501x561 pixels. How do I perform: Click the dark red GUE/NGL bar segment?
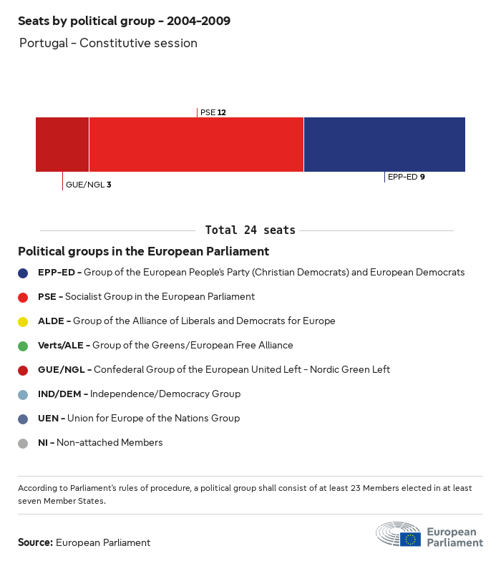tap(62, 145)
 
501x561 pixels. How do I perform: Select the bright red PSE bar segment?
tap(196, 145)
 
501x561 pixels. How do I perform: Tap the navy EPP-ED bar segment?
tap(384, 145)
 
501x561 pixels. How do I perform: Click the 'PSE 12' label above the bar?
tap(213, 112)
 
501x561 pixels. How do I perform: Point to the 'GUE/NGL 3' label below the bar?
tap(88, 185)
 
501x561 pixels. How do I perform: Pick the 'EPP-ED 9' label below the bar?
tap(406, 177)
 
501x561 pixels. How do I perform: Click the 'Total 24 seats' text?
tap(250, 230)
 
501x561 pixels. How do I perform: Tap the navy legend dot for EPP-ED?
tap(23, 273)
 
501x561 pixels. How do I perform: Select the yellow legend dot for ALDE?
tap(23, 321)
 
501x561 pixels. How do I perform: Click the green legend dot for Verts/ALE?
tap(23, 346)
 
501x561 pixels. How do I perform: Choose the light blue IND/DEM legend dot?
tap(23, 394)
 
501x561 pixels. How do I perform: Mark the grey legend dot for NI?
tap(23, 443)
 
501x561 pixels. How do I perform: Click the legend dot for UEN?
tap(23, 419)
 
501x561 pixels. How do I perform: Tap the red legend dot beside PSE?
tap(23, 297)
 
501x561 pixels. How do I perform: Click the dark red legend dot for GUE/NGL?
tap(23, 370)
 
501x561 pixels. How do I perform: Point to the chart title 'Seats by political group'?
tap(124, 21)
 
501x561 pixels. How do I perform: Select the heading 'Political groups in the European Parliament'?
tap(143, 252)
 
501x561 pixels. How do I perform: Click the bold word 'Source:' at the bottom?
tap(35, 542)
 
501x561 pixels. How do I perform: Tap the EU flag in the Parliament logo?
tap(410, 539)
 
